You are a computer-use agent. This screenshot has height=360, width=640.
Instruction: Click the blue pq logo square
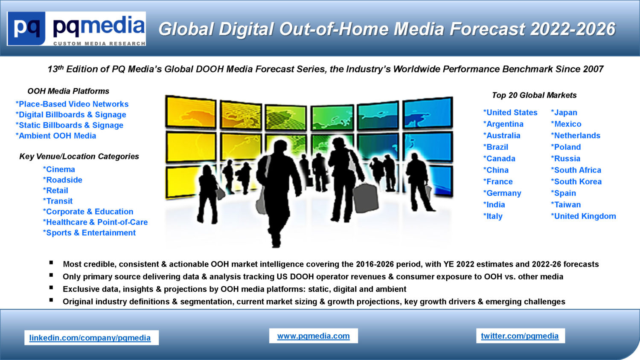point(26,28)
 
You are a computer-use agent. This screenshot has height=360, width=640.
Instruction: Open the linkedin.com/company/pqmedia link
point(90,338)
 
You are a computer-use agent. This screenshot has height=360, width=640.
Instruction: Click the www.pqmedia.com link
point(313,336)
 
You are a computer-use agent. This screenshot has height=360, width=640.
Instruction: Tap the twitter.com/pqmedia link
point(520,336)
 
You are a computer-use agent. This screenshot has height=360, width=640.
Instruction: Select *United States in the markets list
point(510,113)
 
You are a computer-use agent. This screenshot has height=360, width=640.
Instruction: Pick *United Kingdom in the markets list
point(583,216)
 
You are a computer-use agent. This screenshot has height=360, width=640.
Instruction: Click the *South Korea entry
point(576,182)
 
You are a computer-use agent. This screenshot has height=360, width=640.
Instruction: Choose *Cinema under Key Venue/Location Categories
point(59,169)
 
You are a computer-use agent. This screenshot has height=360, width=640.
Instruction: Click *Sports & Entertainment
point(89,233)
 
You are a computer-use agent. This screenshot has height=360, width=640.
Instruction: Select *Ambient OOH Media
point(56,136)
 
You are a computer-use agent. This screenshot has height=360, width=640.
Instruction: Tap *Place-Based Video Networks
point(72,104)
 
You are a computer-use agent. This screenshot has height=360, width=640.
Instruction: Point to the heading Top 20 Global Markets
point(534,95)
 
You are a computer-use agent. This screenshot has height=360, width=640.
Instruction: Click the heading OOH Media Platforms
point(68,91)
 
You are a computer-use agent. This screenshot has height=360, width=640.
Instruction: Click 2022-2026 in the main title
point(573,29)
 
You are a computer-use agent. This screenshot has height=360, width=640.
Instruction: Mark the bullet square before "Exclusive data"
point(51,287)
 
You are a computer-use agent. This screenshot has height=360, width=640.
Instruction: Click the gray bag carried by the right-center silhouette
point(365,198)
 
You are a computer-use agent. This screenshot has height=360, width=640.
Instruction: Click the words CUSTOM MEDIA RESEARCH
point(99,44)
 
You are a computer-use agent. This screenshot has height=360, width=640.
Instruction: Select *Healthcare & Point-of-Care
point(95,222)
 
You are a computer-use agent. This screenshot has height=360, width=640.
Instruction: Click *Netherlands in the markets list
point(576,136)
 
